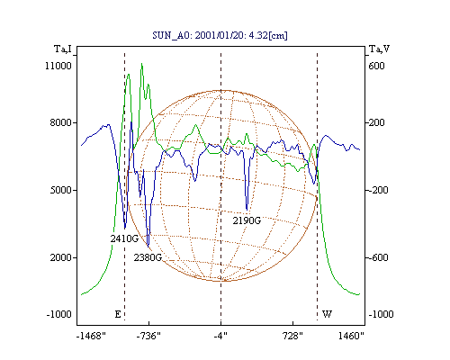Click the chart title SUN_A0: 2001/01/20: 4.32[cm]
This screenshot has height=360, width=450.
tap(220, 36)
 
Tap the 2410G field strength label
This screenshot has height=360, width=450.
tap(124, 238)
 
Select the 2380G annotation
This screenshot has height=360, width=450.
tap(148, 257)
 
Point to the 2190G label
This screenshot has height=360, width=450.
tap(247, 220)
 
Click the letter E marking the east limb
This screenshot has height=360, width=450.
tap(118, 314)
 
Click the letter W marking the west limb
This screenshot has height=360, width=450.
tap(327, 314)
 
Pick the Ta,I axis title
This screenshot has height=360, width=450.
tap(63, 49)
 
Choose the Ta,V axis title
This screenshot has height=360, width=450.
tap(379, 49)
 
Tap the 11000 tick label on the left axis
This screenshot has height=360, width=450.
tap(58, 66)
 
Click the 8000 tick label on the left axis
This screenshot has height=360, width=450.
tap(61, 122)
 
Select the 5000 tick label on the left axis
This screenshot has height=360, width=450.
tap(61, 190)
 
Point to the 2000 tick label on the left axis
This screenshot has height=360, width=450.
tap(61, 257)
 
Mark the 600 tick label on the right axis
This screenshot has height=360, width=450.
tap(376, 66)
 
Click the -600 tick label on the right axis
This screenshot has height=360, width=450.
tap(378, 257)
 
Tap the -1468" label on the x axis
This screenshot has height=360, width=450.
tap(91, 336)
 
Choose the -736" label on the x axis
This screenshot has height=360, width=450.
tap(148, 336)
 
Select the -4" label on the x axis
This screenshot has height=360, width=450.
tap(220, 336)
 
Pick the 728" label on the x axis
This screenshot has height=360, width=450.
tap(292, 336)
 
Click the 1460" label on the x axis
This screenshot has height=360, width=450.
tap(351, 336)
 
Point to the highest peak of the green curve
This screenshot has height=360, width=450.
tap(141, 64)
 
